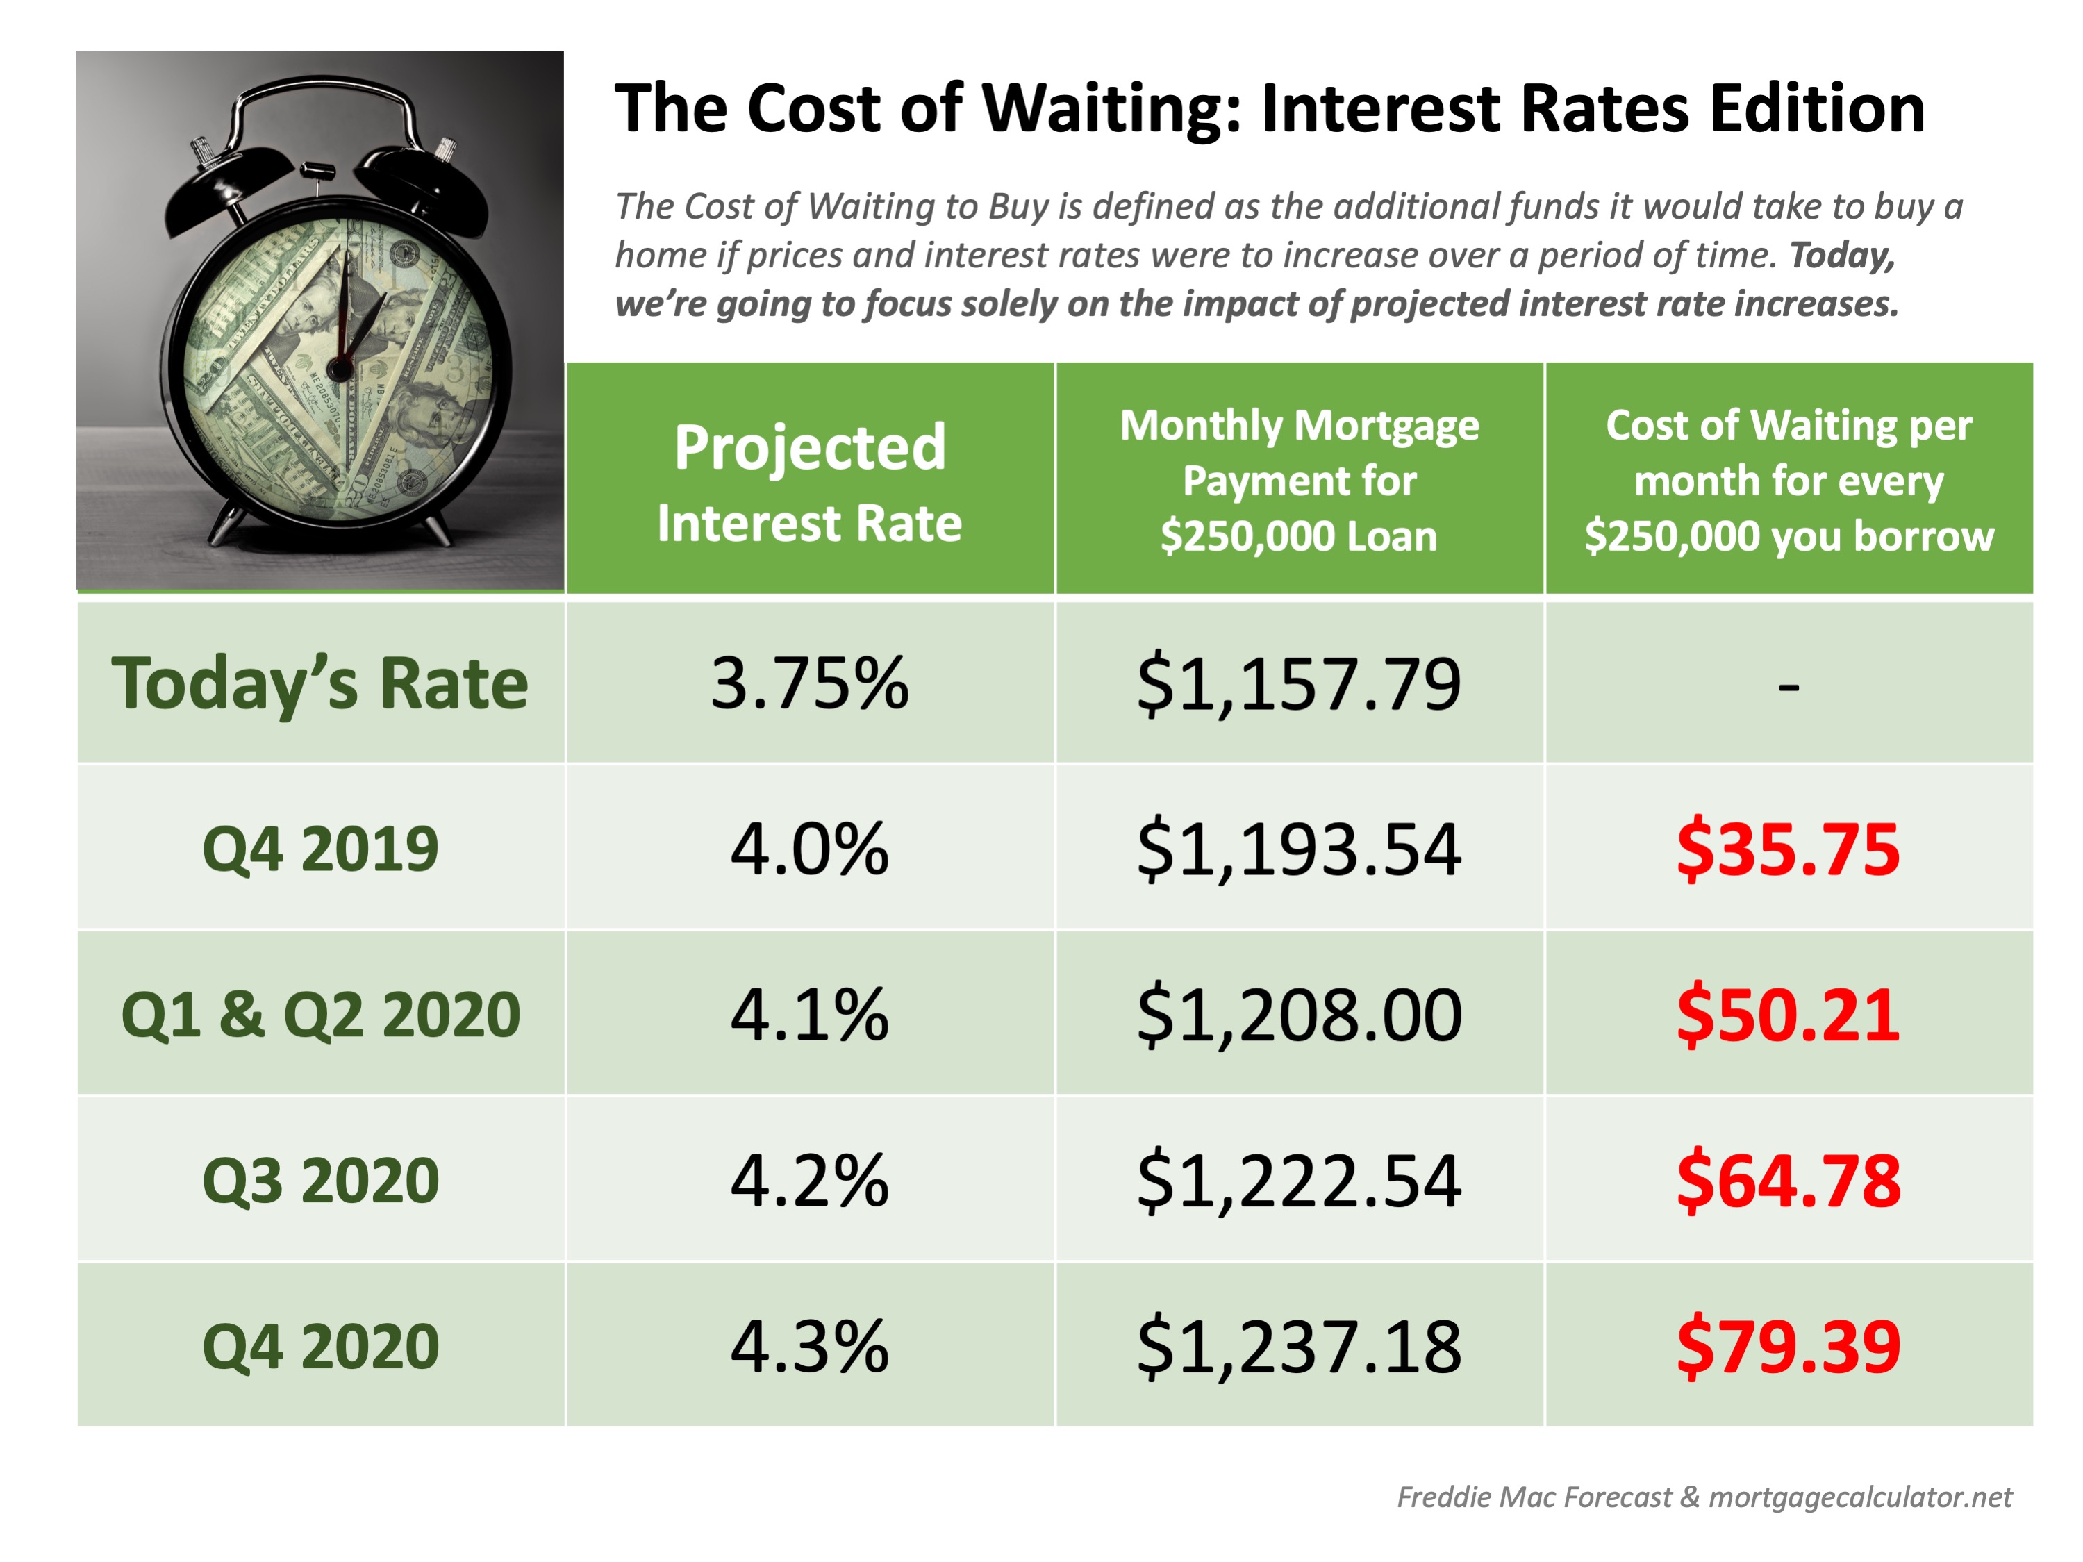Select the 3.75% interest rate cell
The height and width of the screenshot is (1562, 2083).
point(809,683)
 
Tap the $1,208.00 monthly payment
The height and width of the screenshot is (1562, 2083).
point(1299,1015)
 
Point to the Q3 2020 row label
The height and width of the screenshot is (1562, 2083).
point(320,1181)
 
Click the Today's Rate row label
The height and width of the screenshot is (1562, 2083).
point(320,683)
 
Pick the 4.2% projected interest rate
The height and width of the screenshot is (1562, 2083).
point(809,1181)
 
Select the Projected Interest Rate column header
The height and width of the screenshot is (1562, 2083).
point(809,482)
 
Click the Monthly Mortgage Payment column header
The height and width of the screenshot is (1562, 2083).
point(1299,480)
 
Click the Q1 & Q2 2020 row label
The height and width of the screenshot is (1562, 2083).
point(320,1015)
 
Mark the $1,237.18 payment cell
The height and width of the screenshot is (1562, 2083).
point(1299,1347)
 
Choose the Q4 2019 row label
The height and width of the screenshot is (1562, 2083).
point(320,849)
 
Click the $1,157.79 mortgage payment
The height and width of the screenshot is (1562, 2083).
point(1299,683)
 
